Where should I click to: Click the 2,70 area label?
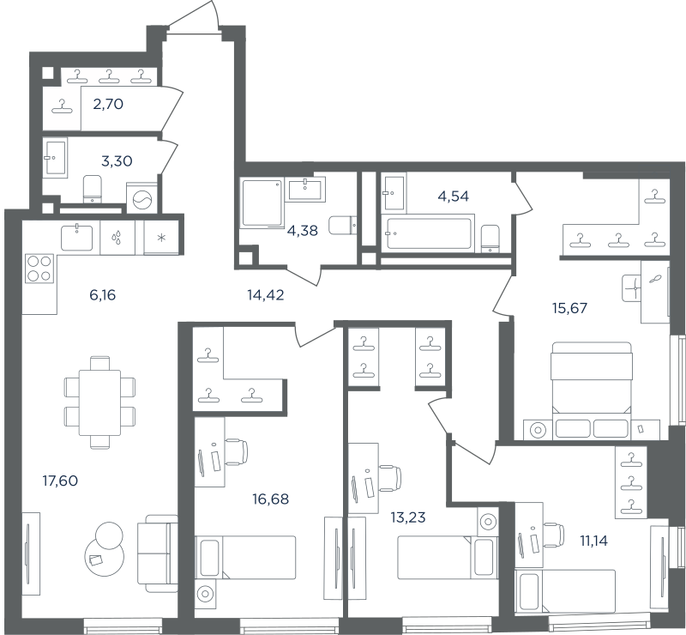click(x=108, y=104)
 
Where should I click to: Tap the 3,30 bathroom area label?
click(x=117, y=161)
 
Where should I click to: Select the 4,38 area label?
click(x=303, y=230)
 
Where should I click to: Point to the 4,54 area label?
click(x=454, y=197)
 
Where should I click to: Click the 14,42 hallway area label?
click(x=266, y=295)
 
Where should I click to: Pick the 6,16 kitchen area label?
click(x=102, y=295)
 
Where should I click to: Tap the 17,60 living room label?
click(x=60, y=481)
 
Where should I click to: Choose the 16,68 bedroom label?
click(x=271, y=499)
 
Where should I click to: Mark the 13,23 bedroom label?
click(x=408, y=517)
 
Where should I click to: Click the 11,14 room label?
click(x=593, y=541)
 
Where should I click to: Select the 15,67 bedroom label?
click(x=569, y=308)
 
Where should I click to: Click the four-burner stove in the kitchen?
click(x=39, y=269)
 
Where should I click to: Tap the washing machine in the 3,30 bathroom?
click(x=141, y=198)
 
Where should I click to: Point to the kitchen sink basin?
click(x=77, y=238)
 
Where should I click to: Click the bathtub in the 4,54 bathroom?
click(x=428, y=233)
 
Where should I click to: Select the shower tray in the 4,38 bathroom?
click(x=262, y=203)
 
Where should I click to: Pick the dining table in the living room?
click(x=99, y=402)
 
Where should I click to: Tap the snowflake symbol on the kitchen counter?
click(x=161, y=239)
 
